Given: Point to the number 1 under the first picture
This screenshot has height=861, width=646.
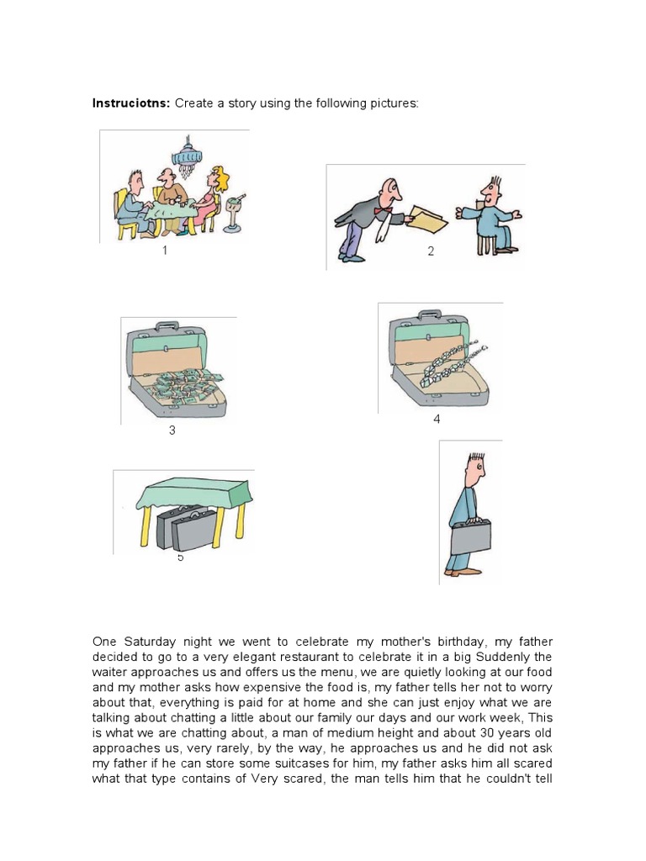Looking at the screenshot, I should tap(165, 251).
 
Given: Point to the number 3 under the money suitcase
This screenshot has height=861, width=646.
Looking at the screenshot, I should tap(172, 431).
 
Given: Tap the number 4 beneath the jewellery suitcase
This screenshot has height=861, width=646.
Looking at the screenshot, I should tap(437, 419).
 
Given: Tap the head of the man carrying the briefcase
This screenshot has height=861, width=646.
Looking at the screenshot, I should tap(475, 471).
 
